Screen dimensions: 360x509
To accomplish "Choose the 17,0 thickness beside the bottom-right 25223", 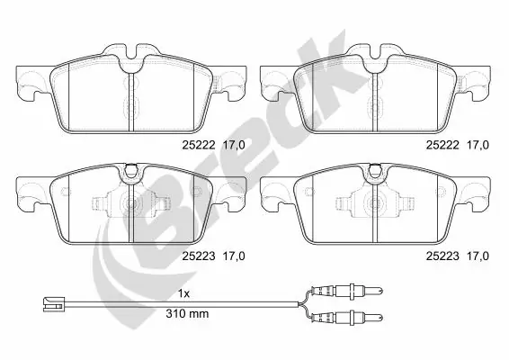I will pyautogui.click(x=474, y=255).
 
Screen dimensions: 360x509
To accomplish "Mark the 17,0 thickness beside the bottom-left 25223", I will pyautogui.click(x=232, y=255).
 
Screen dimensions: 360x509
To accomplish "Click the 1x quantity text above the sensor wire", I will pyautogui.click(x=185, y=294).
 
